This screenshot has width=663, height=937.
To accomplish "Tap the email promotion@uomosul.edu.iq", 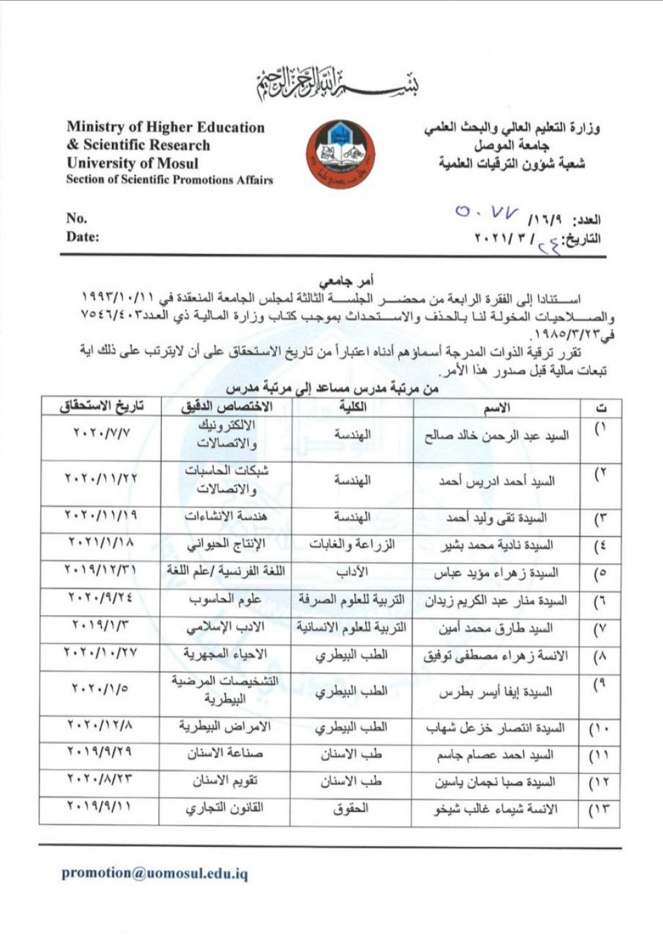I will [154, 873].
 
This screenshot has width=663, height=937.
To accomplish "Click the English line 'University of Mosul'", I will [132, 163].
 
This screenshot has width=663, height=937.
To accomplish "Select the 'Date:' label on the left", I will [82, 237].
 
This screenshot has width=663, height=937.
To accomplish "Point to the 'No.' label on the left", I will [76, 218].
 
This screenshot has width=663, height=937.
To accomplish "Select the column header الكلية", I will [352, 406].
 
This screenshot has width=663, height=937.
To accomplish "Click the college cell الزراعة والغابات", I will [352, 545].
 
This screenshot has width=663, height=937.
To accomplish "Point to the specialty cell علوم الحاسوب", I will [225, 599].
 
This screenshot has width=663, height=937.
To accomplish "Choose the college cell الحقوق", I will [352, 809].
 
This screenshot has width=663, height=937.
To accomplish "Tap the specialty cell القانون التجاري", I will [225, 809].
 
